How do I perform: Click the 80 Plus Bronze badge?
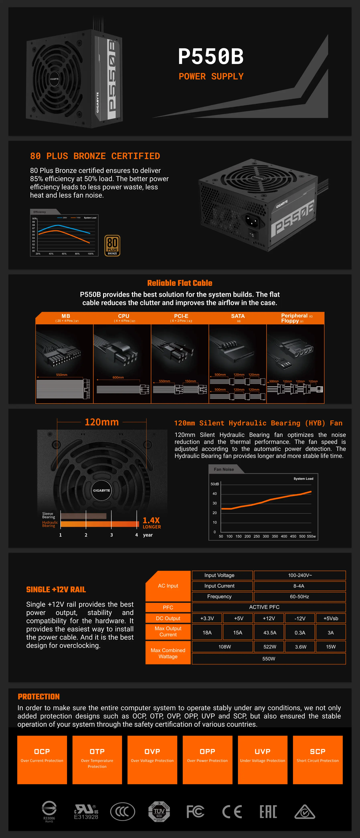(x=112, y=246)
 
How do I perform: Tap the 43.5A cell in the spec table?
(x=270, y=632)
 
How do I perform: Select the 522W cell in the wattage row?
(x=270, y=646)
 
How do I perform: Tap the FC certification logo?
(x=195, y=811)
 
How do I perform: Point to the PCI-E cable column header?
(x=181, y=318)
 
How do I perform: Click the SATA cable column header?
(x=238, y=318)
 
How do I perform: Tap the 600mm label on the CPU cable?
(x=118, y=377)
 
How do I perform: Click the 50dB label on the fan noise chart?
(x=215, y=484)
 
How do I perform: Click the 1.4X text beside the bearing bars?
(x=151, y=520)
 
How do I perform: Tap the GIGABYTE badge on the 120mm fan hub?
(x=101, y=490)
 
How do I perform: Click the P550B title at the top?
(x=211, y=56)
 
